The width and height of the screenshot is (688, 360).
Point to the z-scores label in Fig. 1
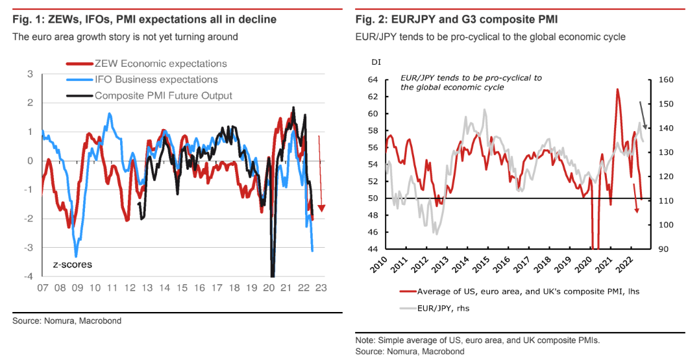pyautogui.click(x=73, y=265)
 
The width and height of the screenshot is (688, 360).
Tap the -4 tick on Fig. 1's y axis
pyautogui.click(x=29, y=276)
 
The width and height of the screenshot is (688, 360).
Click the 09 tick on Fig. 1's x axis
pyautogui.click(x=77, y=288)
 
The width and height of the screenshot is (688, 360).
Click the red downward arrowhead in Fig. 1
pyautogui.click(x=321, y=208)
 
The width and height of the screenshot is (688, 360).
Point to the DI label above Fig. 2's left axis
pyautogui.click(x=376, y=62)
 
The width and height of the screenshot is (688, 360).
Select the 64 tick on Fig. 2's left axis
pyautogui.click(x=372, y=80)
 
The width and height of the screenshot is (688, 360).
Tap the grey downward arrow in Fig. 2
pyautogui.click(x=643, y=117)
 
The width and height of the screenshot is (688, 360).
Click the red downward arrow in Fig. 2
pyautogui.click(x=636, y=198)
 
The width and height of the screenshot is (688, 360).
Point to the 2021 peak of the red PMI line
pyautogui.click(x=617, y=90)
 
